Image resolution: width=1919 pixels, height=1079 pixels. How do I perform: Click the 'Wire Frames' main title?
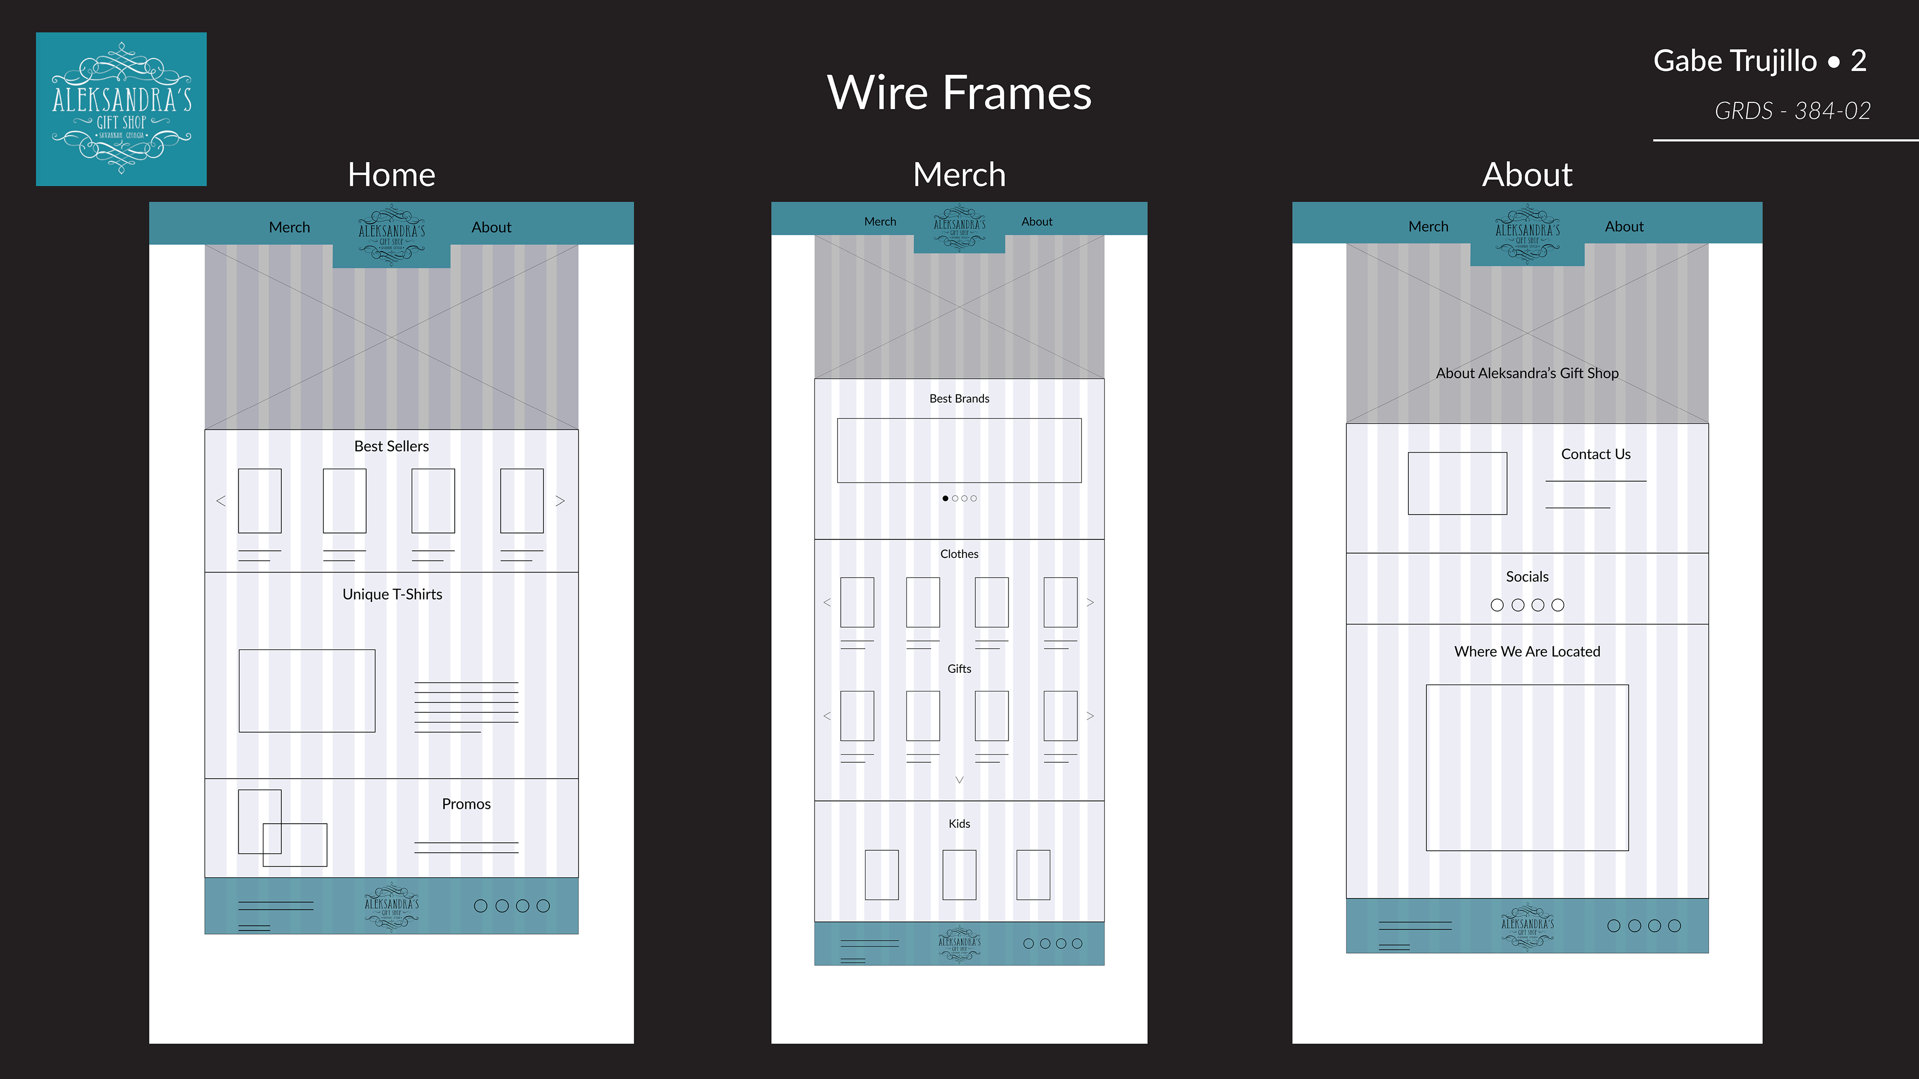coord(959,93)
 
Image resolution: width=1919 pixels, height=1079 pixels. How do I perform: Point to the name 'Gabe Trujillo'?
coord(1734,61)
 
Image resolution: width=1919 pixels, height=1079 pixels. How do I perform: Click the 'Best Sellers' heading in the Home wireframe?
coord(391,446)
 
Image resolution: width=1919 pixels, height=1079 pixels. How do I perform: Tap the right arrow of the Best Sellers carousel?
coord(560,501)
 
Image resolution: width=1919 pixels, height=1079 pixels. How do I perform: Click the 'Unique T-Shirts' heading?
coord(392,594)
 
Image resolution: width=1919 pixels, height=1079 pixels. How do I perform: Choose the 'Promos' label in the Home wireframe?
coord(466,804)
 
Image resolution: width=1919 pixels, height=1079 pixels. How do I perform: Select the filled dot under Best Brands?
coord(946,498)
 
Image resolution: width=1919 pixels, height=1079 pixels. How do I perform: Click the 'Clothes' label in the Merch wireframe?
coord(959,554)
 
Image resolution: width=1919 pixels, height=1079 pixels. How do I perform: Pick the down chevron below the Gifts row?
coord(959,780)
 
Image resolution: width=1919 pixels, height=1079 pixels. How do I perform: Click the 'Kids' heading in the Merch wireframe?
coord(959,824)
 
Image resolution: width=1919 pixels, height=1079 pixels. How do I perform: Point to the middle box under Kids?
coord(959,875)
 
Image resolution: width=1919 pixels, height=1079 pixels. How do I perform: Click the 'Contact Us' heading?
coord(1596,454)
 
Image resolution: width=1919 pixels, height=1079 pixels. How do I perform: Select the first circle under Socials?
coord(1497,605)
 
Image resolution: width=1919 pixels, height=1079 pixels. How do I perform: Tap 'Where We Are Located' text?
coord(1527,651)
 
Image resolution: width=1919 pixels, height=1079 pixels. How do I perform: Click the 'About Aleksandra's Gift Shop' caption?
coord(1527,373)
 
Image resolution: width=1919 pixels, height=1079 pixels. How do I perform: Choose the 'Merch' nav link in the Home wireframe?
coord(289,227)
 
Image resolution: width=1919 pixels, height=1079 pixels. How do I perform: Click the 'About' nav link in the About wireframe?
coord(1624,226)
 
